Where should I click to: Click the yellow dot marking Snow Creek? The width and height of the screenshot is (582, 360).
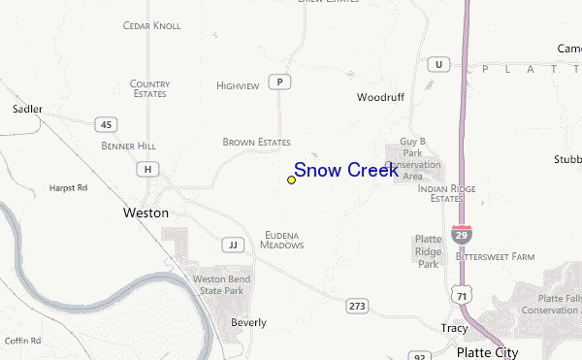[291, 180]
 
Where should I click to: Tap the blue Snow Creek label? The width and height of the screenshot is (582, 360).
[345, 171]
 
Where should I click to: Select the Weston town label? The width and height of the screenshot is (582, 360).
[145, 213]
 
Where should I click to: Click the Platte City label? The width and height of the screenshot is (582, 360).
[487, 351]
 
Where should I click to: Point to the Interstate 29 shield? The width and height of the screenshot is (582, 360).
[462, 233]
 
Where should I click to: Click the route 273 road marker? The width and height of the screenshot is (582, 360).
[357, 306]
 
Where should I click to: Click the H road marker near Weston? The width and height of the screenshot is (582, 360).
[147, 169]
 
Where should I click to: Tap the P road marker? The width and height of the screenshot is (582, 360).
[280, 82]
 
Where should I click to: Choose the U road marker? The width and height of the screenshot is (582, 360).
[439, 63]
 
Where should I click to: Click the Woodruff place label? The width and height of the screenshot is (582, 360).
[379, 98]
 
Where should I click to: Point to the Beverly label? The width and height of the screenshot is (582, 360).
[247, 322]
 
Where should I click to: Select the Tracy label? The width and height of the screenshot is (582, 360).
[454, 328]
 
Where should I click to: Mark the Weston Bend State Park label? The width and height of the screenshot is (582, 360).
[221, 284]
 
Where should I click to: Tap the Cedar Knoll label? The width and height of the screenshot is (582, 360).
[151, 25]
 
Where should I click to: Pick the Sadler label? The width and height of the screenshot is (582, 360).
[27, 109]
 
